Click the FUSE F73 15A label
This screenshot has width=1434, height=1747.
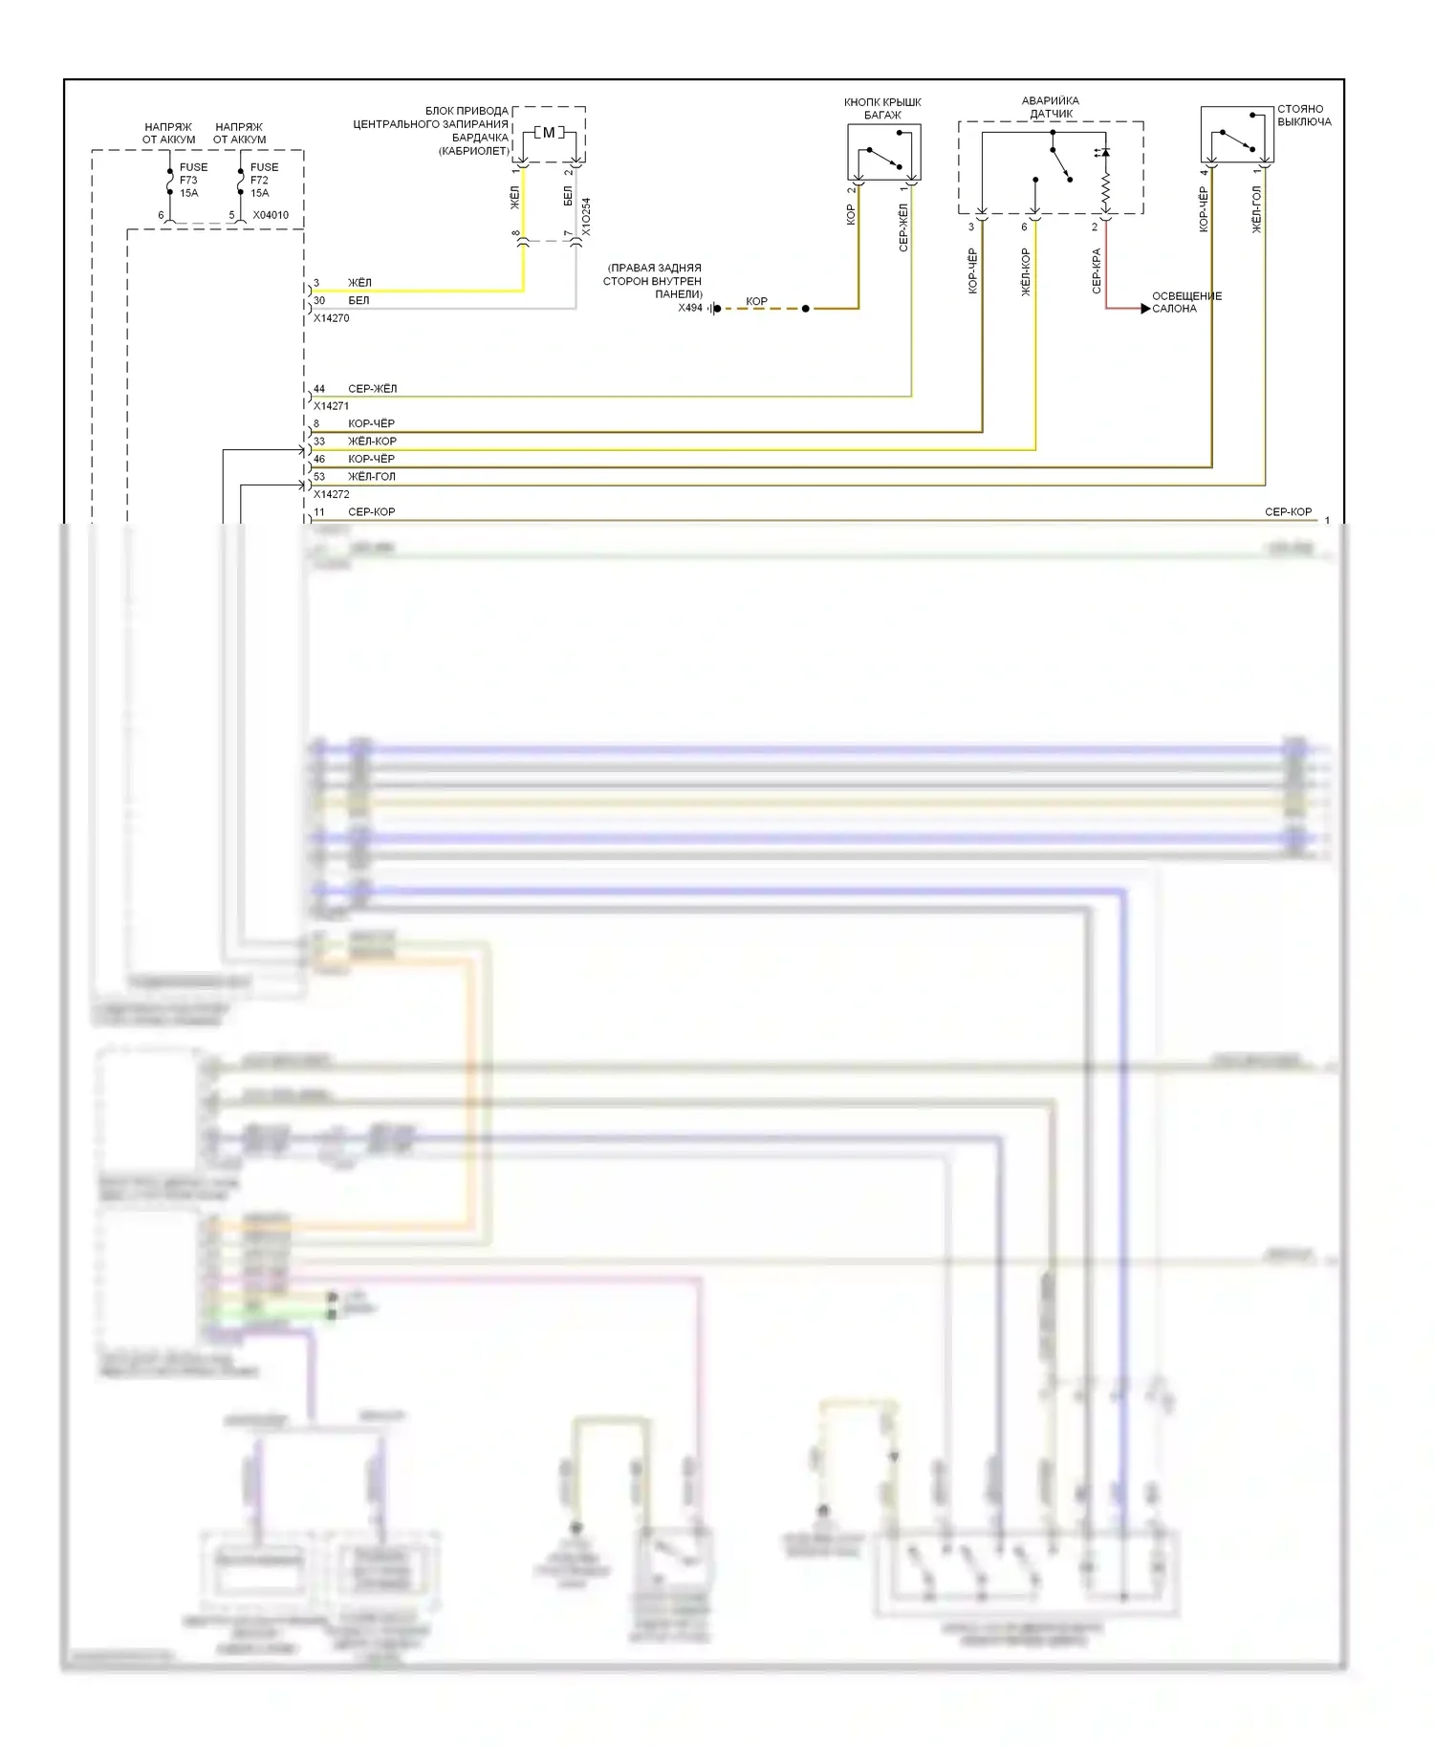[x=193, y=180]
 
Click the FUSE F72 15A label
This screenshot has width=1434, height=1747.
[x=264, y=180]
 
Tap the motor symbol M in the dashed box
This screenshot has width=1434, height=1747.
[x=549, y=133]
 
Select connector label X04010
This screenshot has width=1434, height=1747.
[x=271, y=215]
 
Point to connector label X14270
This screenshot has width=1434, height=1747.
[x=331, y=318]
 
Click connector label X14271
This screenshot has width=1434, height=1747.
[x=331, y=406]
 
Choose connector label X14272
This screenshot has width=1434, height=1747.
[x=331, y=495]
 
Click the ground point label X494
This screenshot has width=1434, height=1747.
[x=690, y=308]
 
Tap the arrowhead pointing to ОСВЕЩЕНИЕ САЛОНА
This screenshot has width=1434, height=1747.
[x=1145, y=309]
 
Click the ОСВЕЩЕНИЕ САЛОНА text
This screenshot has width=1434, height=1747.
[x=1186, y=302]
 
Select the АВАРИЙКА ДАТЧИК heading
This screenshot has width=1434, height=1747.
[x=1051, y=107]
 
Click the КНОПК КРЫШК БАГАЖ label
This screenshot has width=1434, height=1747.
[x=882, y=108]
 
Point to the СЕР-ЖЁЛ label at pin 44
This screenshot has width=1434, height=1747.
[x=372, y=389]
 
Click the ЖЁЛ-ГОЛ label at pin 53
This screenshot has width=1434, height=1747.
[x=371, y=477]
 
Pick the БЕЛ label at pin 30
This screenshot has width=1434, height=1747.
[x=358, y=300]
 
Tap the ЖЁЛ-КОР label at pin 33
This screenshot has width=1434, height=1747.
[x=372, y=442]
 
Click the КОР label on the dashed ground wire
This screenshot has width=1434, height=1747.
[x=756, y=301]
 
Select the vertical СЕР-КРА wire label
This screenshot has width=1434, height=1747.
[x=1097, y=270]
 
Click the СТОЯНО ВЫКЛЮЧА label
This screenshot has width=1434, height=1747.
[x=1304, y=116]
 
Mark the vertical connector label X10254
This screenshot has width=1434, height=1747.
[x=586, y=217]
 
